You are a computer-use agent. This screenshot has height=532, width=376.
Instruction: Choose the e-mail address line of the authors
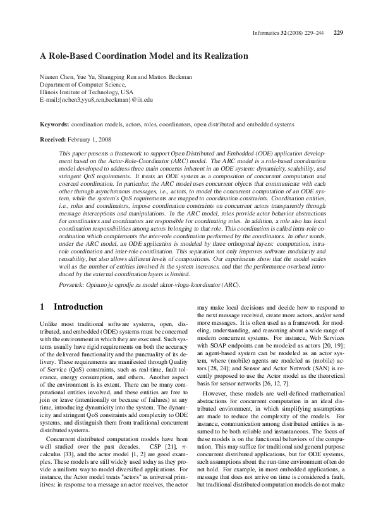pos(96,99)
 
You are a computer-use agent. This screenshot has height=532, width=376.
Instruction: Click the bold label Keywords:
pos(54,125)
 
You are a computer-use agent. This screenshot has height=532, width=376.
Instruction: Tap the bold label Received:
pos(53,138)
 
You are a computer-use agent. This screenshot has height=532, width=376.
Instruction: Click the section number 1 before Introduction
pos(42,307)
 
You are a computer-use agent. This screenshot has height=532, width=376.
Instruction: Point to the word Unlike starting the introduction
pos(48,323)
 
